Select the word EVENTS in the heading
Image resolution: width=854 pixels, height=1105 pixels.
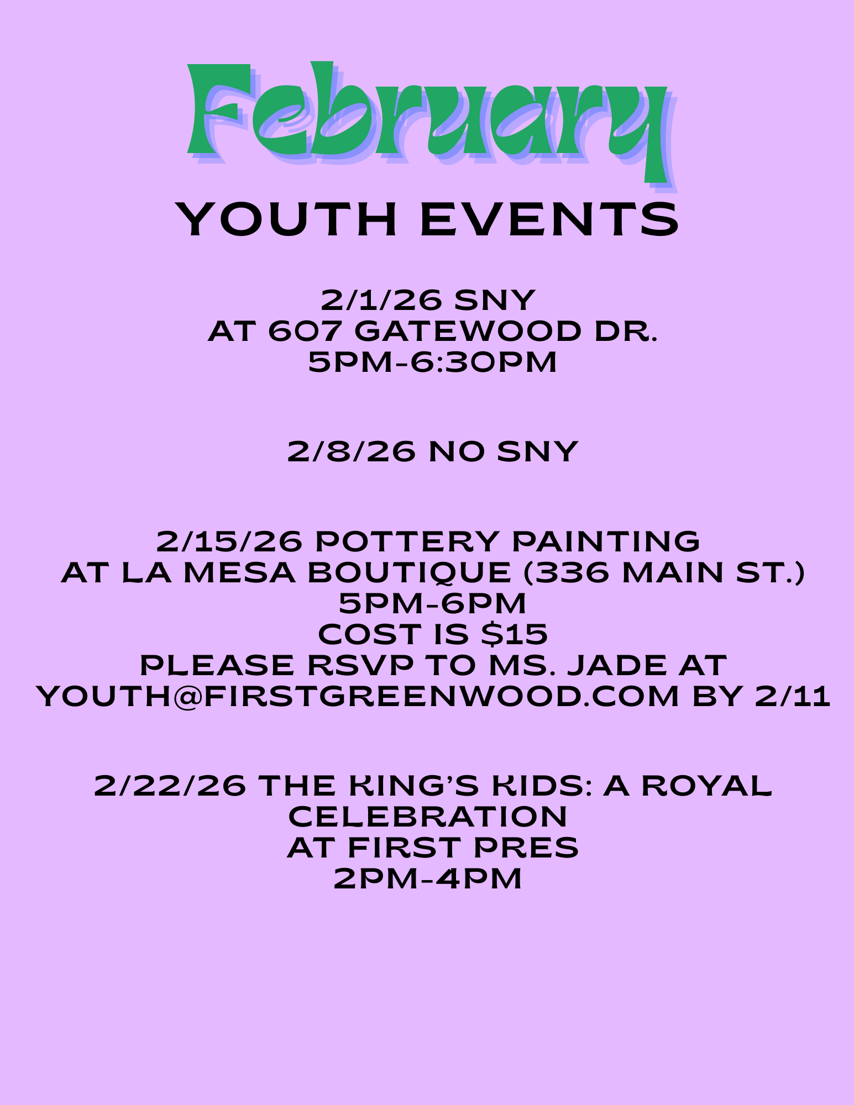pyautogui.click(x=549, y=219)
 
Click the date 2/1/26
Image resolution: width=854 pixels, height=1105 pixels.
pyautogui.click(x=381, y=300)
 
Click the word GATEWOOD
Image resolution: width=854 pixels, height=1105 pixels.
pyautogui.click(x=468, y=331)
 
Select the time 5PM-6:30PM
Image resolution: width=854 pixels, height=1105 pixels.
pyautogui.click(x=432, y=362)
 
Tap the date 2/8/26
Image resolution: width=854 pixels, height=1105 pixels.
pyautogui.click(x=352, y=451)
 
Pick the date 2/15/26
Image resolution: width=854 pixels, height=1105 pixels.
pyautogui.click(x=229, y=541)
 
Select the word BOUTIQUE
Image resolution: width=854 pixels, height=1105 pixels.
pyautogui.click(x=409, y=573)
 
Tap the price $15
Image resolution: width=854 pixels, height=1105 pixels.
pyautogui.click(x=515, y=634)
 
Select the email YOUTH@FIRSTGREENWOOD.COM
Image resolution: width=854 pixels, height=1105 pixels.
pyautogui.click(x=357, y=697)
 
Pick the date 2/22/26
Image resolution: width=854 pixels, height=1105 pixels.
pyautogui.click(x=170, y=786)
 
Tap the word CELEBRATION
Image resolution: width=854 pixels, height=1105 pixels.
pyautogui.click(x=428, y=817)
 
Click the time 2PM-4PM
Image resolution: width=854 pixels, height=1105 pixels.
pyautogui.click(x=428, y=878)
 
